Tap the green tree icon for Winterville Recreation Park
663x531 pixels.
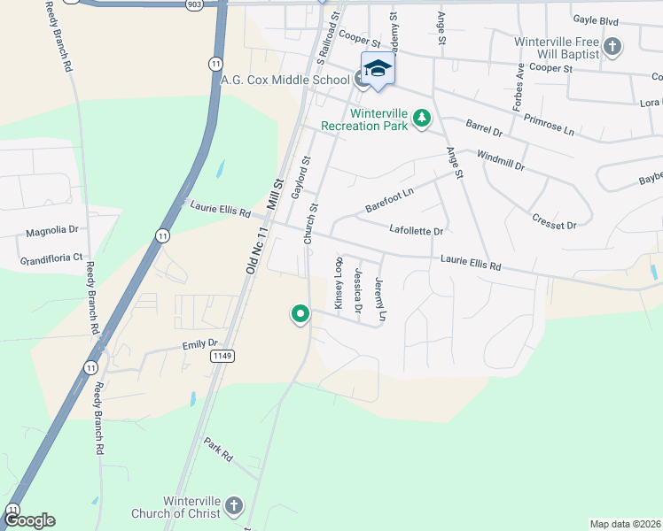coord(423,118)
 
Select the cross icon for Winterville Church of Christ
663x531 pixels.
coord(233,506)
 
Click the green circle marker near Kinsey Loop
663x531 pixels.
coord(300,313)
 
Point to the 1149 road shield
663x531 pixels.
coord(222,356)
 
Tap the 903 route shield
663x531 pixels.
coord(194,4)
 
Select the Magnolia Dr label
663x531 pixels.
coord(52,231)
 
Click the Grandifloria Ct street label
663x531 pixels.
coord(51,258)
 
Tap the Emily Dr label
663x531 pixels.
coord(199,343)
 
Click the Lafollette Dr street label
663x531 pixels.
coord(416,230)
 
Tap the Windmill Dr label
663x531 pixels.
coord(501,161)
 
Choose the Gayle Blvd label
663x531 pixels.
coord(595,19)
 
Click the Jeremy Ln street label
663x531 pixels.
coord(381,299)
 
